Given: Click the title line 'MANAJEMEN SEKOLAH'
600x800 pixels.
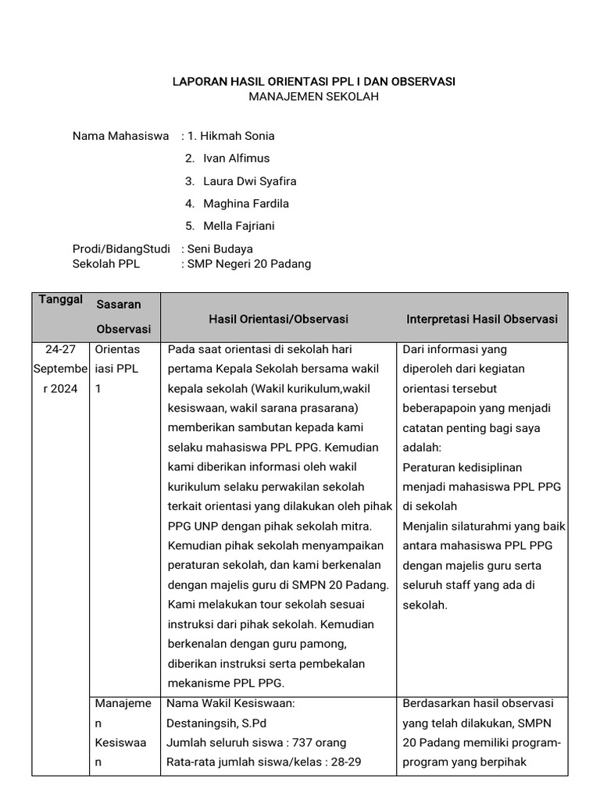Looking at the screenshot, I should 313,97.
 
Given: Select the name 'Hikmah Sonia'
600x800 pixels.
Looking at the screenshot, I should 237,136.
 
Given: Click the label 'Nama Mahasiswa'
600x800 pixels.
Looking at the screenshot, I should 120,136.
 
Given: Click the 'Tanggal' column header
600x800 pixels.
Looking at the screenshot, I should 61,301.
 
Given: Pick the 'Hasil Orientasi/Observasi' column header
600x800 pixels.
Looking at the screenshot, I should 278,320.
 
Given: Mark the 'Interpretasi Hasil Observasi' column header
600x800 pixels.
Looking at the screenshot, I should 482,320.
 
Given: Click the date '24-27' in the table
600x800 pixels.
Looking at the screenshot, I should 60,350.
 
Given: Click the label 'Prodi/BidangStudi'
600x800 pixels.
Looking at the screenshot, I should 121,249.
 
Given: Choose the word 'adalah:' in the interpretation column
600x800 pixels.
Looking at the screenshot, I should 422,448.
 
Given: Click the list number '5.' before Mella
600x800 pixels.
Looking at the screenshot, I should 189,227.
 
